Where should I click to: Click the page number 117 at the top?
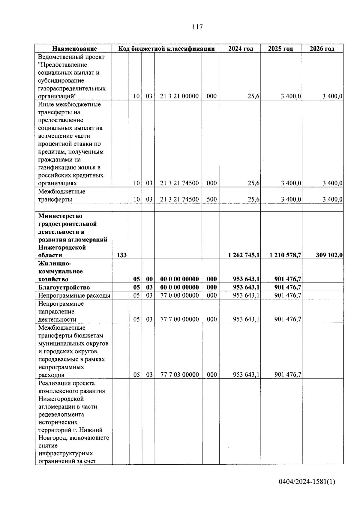[x=197, y=27]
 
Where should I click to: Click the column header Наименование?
[x=75, y=49]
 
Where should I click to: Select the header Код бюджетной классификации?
[x=166, y=49]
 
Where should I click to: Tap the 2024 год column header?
[x=240, y=49]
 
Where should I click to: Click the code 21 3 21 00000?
[x=179, y=96]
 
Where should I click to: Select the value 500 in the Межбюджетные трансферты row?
[x=212, y=199]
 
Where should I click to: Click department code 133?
[x=121, y=255]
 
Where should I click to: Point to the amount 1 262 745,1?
[x=244, y=255]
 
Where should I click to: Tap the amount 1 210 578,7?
[x=285, y=255]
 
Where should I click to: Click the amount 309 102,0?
[x=329, y=255]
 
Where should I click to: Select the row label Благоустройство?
[x=64, y=287]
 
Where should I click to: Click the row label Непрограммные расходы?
[x=74, y=295]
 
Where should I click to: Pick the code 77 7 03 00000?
[x=179, y=375]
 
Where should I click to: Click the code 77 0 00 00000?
[x=179, y=295]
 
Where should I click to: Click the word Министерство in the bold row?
[x=60, y=216]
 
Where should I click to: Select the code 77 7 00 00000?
[x=179, y=319]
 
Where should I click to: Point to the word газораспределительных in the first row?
[x=72, y=88]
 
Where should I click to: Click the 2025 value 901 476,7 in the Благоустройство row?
[x=288, y=287]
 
